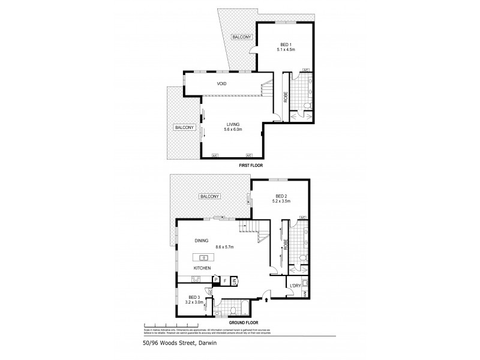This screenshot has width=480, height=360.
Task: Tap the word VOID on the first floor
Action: tap(221, 83)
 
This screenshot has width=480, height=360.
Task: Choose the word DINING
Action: tap(201, 241)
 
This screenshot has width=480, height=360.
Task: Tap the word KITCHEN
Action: tap(202, 268)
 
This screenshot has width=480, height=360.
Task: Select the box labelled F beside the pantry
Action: tap(224, 280)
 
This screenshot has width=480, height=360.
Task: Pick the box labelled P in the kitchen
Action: tap(214, 280)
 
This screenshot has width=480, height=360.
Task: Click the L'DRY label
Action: tap(294, 285)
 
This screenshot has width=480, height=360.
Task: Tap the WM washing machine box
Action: tap(304, 293)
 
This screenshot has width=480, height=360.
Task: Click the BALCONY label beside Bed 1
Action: tap(242, 37)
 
